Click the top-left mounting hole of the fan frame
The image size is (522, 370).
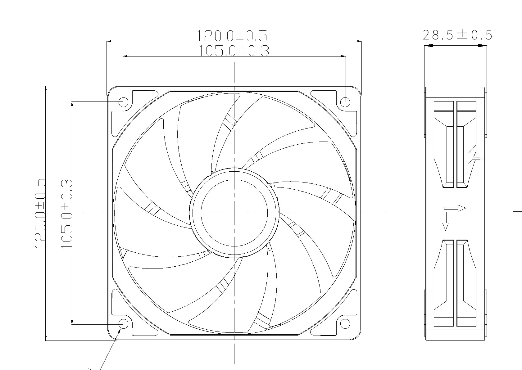point(124,102)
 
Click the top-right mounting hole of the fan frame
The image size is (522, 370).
point(345,102)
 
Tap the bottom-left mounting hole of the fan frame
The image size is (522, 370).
point(124,324)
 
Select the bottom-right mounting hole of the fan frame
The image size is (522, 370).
point(345,324)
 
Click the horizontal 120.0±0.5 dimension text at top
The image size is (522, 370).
point(232,35)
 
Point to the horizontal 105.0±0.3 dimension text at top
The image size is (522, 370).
point(234,51)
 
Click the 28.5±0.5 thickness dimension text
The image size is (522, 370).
point(457,35)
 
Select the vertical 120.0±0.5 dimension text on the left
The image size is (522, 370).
point(40,214)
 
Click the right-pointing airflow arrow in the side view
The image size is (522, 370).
point(455,208)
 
